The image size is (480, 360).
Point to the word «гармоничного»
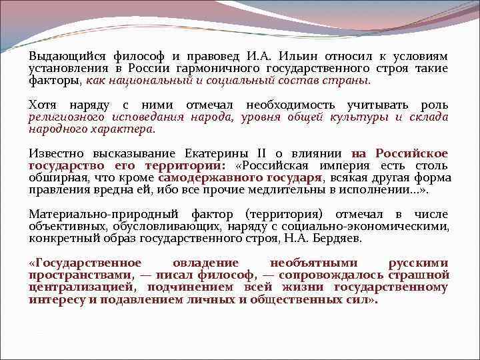pyautogui.click(x=219, y=69)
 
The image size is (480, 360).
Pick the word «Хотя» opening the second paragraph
pyautogui.click(x=43, y=105)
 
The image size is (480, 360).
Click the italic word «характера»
pyautogui.click(x=123, y=129)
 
